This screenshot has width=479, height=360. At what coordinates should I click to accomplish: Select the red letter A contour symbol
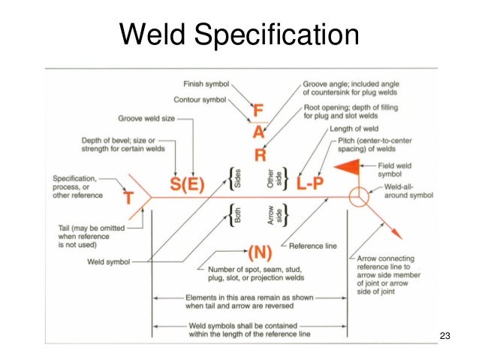[x=258, y=134]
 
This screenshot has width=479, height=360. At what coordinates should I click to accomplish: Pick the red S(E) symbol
[x=184, y=185]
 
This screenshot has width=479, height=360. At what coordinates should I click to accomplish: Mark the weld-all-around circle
[x=359, y=198]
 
